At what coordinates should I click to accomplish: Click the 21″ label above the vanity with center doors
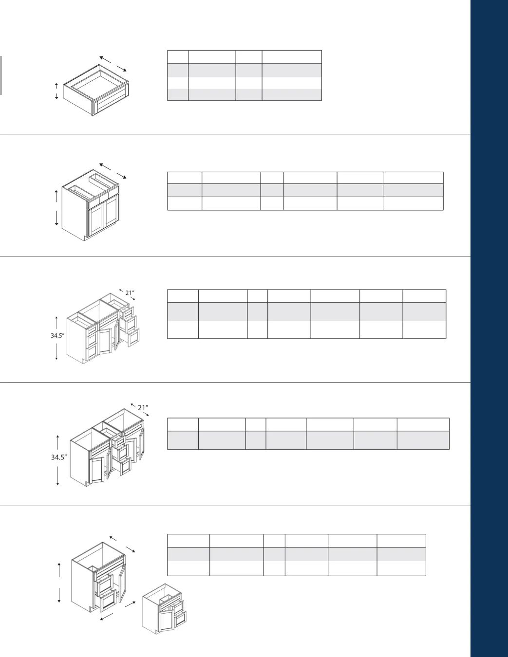[130, 292]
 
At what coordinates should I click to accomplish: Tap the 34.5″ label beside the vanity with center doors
[57, 335]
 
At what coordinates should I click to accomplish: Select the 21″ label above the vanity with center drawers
[143, 408]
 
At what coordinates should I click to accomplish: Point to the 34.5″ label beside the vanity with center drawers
[59, 457]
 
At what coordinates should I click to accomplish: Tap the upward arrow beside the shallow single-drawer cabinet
[56, 86]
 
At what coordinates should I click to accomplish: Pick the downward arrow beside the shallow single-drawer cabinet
[56, 96]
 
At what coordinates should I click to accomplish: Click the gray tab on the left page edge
[1, 75]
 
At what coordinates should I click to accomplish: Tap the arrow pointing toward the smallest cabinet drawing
[130, 604]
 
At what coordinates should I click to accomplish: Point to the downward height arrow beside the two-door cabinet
[56, 218]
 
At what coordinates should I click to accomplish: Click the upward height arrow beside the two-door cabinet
[56, 196]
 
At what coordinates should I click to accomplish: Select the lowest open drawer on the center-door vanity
[133, 337]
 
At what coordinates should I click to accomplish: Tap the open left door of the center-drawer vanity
[97, 469]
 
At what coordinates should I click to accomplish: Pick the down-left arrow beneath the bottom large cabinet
[106, 617]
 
